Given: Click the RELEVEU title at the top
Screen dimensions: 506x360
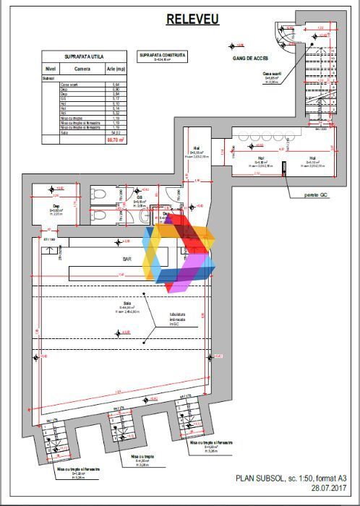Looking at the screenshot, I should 193,19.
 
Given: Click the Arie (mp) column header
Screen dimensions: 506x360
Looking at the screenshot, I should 116,69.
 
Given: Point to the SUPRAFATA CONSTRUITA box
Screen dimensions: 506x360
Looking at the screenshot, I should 162,56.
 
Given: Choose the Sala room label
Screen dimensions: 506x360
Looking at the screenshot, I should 127,303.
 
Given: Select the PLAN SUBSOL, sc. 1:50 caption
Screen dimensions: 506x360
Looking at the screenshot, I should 291,478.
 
